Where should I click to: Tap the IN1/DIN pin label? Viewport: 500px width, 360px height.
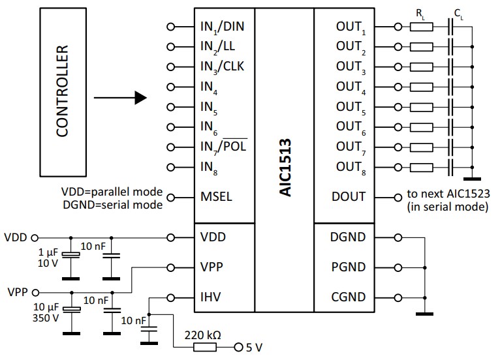(223, 28)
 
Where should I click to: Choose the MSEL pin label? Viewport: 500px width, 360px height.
(216, 196)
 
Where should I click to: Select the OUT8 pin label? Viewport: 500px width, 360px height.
(349, 168)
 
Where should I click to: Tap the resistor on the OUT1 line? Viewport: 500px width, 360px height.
(421, 27)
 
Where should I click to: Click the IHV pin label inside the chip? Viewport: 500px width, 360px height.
(211, 297)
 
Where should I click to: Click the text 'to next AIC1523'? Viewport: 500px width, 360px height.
(446, 194)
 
